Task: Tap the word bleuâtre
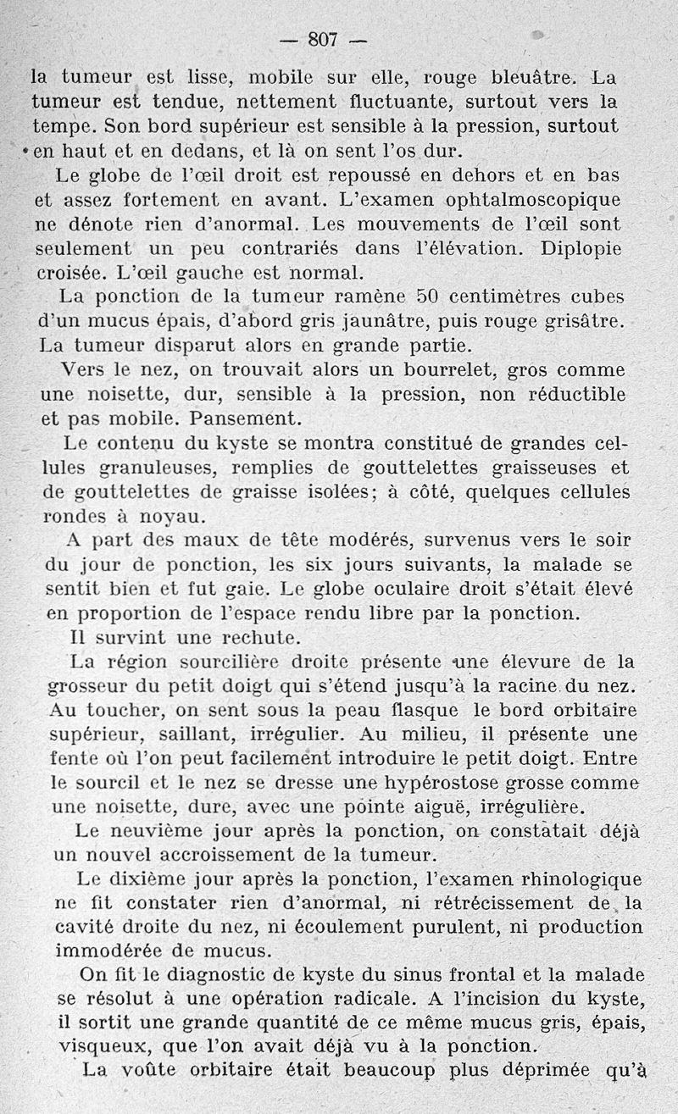click(x=533, y=78)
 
